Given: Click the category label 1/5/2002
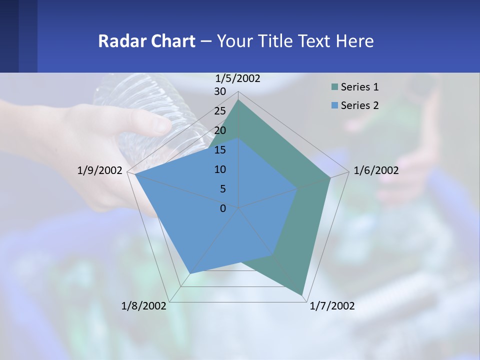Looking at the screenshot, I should [x=238, y=78].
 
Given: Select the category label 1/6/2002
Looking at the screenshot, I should [x=376, y=170].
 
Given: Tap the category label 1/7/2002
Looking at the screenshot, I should [x=332, y=306].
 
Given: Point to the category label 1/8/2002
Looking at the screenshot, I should [x=144, y=306].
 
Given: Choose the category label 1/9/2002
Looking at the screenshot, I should [x=100, y=170].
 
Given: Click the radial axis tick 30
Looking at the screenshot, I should [x=220, y=91].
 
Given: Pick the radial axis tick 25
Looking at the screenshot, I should [x=220, y=111].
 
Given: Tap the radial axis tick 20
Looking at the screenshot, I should [x=220, y=130].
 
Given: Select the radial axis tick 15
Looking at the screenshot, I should [x=220, y=150].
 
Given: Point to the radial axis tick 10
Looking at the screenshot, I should [x=220, y=169].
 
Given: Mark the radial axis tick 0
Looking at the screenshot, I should [x=223, y=208].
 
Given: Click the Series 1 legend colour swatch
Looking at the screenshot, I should [x=334, y=87].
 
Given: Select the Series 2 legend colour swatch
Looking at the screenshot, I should [x=334, y=105].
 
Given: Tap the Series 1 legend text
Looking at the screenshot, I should [x=359, y=87].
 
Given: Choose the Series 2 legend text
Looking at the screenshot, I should [x=359, y=105].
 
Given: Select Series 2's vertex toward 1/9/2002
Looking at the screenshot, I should [x=135, y=174].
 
